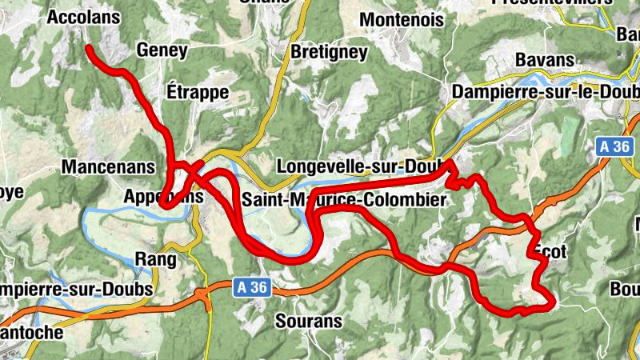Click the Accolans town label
tap(83, 17)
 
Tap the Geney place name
tap(162, 50)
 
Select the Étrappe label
tap(198, 91)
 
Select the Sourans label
tap(308, 322)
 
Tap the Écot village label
tap(549, 251)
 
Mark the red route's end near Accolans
tap(88, 49)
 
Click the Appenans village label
tap(158, 196)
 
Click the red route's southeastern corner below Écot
tap(550, 302)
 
